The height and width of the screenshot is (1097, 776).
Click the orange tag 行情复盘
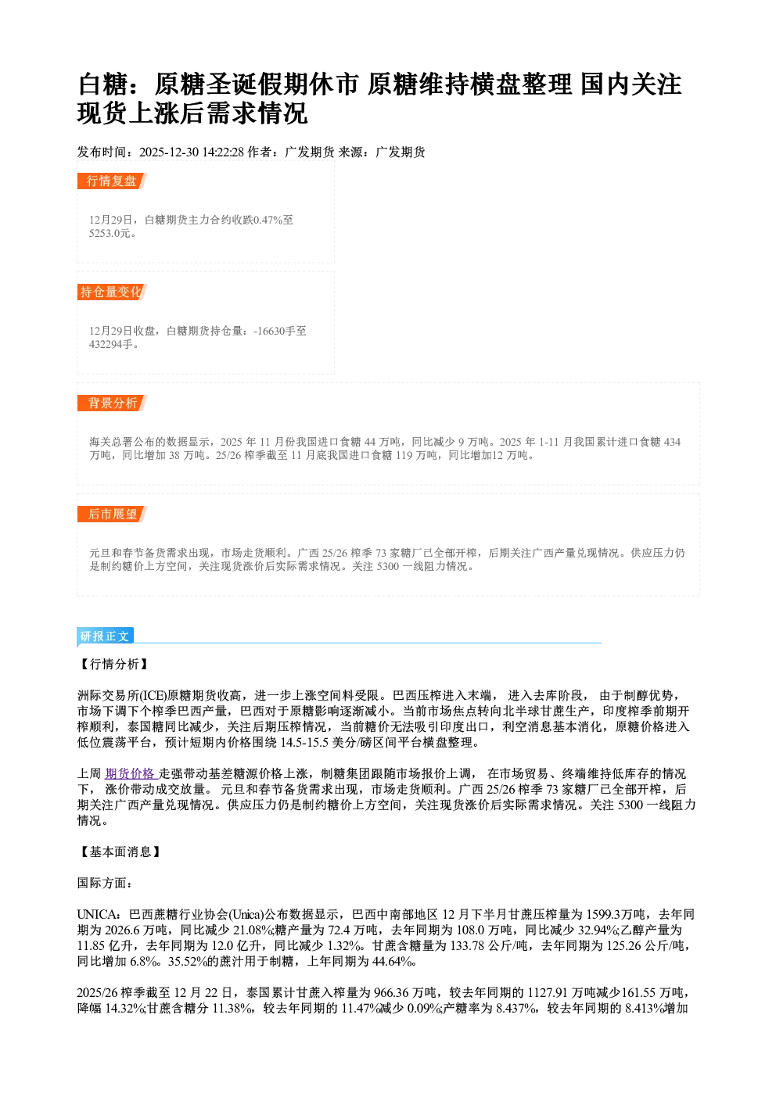coord(112,181)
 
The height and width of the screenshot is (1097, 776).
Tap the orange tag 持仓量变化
coord(112,292)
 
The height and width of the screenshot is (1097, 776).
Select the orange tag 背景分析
coord(112,403)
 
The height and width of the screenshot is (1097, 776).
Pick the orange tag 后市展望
coord(112,514)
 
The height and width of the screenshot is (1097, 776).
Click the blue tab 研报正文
coord(105,636)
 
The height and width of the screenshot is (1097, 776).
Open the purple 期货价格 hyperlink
coord(131,773)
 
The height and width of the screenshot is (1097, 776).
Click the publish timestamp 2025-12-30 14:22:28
coord(192,152)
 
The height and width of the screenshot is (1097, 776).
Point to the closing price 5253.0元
coord(111,234)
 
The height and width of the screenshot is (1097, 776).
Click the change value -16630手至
coord(280,331)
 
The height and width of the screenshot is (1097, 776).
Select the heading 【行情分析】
coord(113,664)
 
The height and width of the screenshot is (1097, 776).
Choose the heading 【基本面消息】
coord(119,851)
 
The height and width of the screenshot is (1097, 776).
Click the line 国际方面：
coord(105,883)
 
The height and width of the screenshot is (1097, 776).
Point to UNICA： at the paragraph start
coord(100,914)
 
